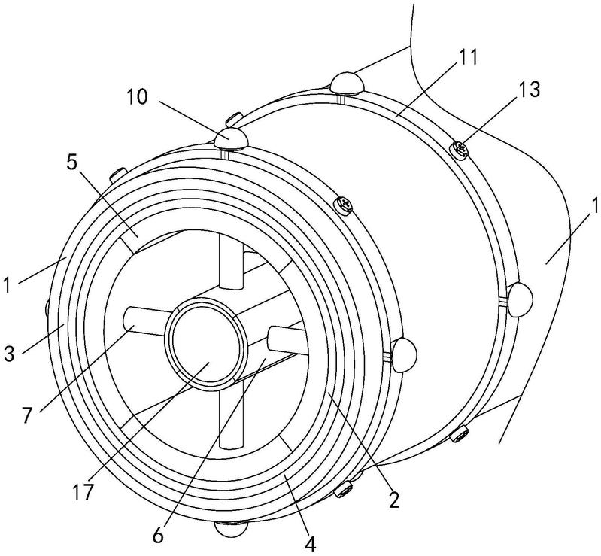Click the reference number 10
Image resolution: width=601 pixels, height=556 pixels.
[x=136, y=97]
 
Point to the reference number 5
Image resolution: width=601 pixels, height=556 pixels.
[x=71, y=163]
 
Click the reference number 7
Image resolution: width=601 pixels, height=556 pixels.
[x=26, y=415]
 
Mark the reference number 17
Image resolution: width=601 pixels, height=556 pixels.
[x=84, y=491]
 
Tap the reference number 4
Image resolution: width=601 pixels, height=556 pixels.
[x=311, y=545]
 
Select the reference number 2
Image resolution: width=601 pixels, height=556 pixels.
[x=393, y=500]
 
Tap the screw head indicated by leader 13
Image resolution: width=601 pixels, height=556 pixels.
[x=460, y=149]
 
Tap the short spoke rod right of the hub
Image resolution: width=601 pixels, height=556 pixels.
[x=288, y=340]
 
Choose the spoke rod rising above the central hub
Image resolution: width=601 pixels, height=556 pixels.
[x=231, y=263]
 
